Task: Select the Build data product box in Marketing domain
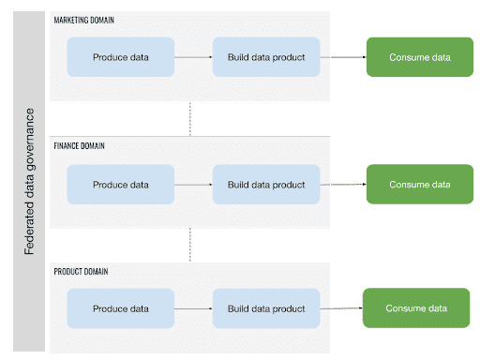266,57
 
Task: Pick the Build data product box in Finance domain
266,184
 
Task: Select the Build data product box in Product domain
266,308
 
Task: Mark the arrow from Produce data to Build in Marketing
194,57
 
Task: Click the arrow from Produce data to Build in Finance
194,184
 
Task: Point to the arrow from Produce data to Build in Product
194,308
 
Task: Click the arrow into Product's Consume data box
340,307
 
